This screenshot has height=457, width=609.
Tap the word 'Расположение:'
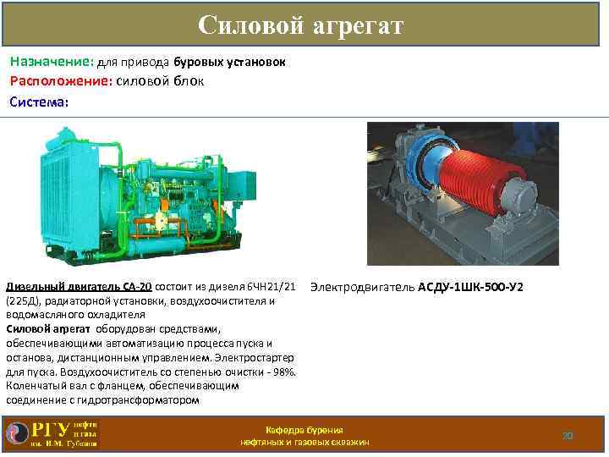(x=60, y=81)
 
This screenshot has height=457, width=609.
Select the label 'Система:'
(x=39, y=102)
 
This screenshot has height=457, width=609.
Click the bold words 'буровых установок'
(x=230, y=62)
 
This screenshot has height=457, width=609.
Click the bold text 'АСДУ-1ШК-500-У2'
(x=470, y=287)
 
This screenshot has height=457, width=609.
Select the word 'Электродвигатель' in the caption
(x=362, y=287)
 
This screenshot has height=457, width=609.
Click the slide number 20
(x=568, y=436)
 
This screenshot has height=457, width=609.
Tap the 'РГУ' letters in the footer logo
(x=50, y=430)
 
